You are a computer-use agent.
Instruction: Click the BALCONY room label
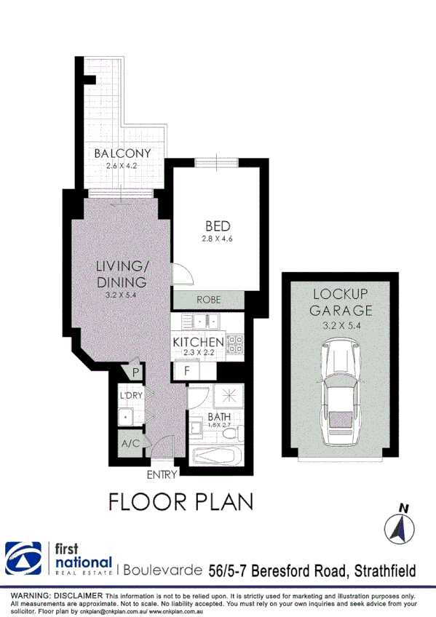point(122,154)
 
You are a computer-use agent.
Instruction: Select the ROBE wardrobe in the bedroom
point(208,300)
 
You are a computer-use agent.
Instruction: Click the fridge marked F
point(187,371)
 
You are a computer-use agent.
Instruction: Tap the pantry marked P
point(134,373)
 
